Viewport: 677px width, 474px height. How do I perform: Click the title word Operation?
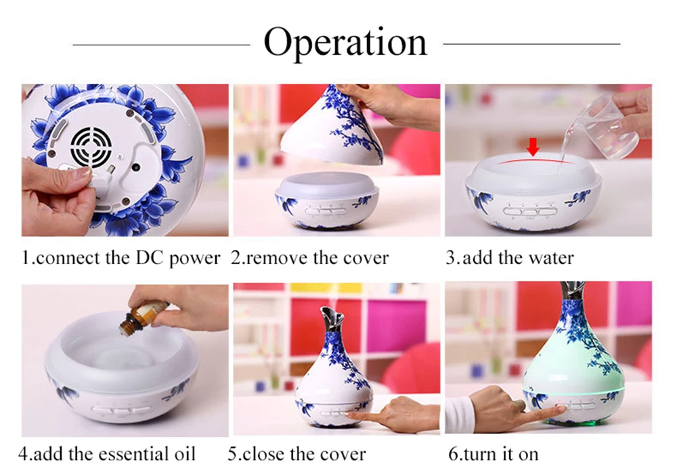pyautogui.click(x=345, y=43)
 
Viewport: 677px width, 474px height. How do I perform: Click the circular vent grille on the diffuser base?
pyautogui.click(x=91, y=146)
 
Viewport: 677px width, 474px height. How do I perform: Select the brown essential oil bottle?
pyautogui.click(x=145, y=318)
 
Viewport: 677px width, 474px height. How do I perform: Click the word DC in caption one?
pyautogui.click(x=150, y=258)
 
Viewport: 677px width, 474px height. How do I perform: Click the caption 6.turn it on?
pyautogui.click(x=494, y=454)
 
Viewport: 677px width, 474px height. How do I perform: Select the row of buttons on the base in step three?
pyautogui.click(x=530, y=211)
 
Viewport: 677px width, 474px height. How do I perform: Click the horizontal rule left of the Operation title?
pyautogui.click(x=162, y=44)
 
